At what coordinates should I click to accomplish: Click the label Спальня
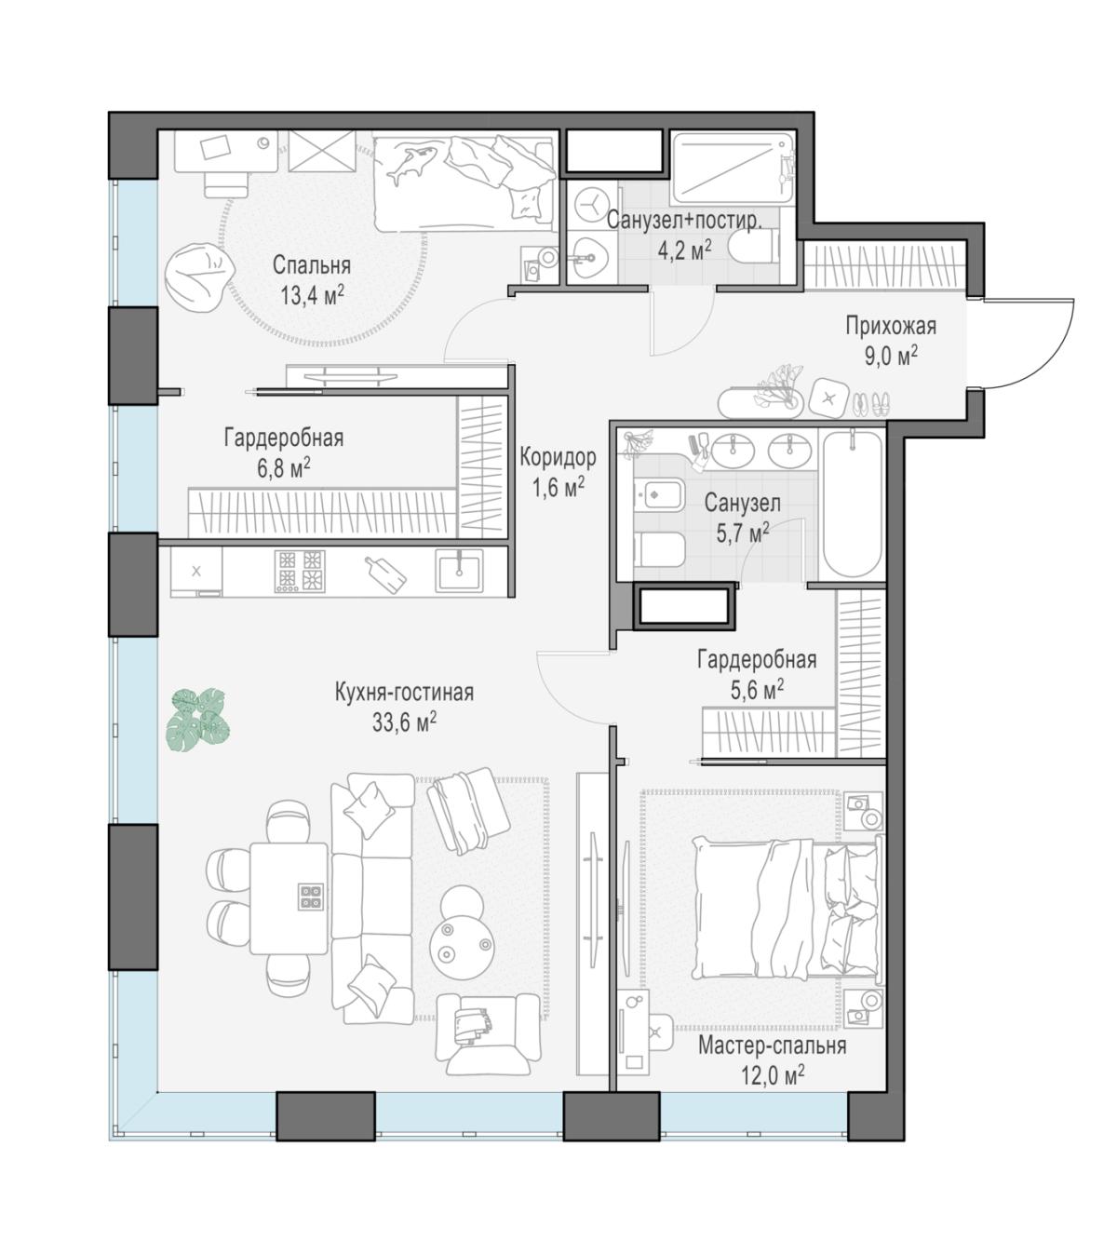(311, 265)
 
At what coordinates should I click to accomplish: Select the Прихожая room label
(891, 326)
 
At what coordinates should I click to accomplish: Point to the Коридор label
(558, 457)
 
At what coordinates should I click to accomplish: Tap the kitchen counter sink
(459, 571)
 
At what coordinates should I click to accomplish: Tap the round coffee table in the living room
(464, 947)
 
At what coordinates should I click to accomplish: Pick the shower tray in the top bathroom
(731, 169)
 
